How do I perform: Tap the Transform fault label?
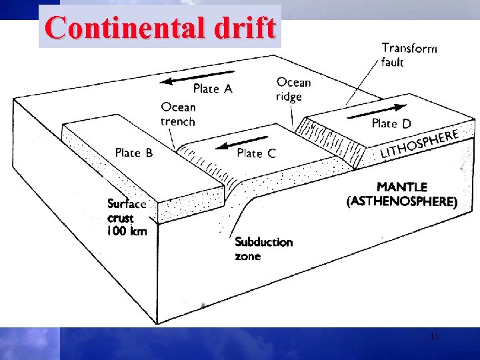click(409, 55)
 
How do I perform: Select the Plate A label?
click(212, 89)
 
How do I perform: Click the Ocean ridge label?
click(293, 89)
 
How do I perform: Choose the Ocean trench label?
click(178, 114)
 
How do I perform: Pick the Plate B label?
click(133, 153)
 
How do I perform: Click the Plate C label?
click(256, 153)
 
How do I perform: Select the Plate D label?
click(391, 123)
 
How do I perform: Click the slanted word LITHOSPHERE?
click(419, 144)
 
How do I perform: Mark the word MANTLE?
click(401, 188)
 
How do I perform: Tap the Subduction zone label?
click(263, 249)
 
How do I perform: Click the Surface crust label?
click(127, 211)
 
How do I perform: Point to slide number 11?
click(434, 337)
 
